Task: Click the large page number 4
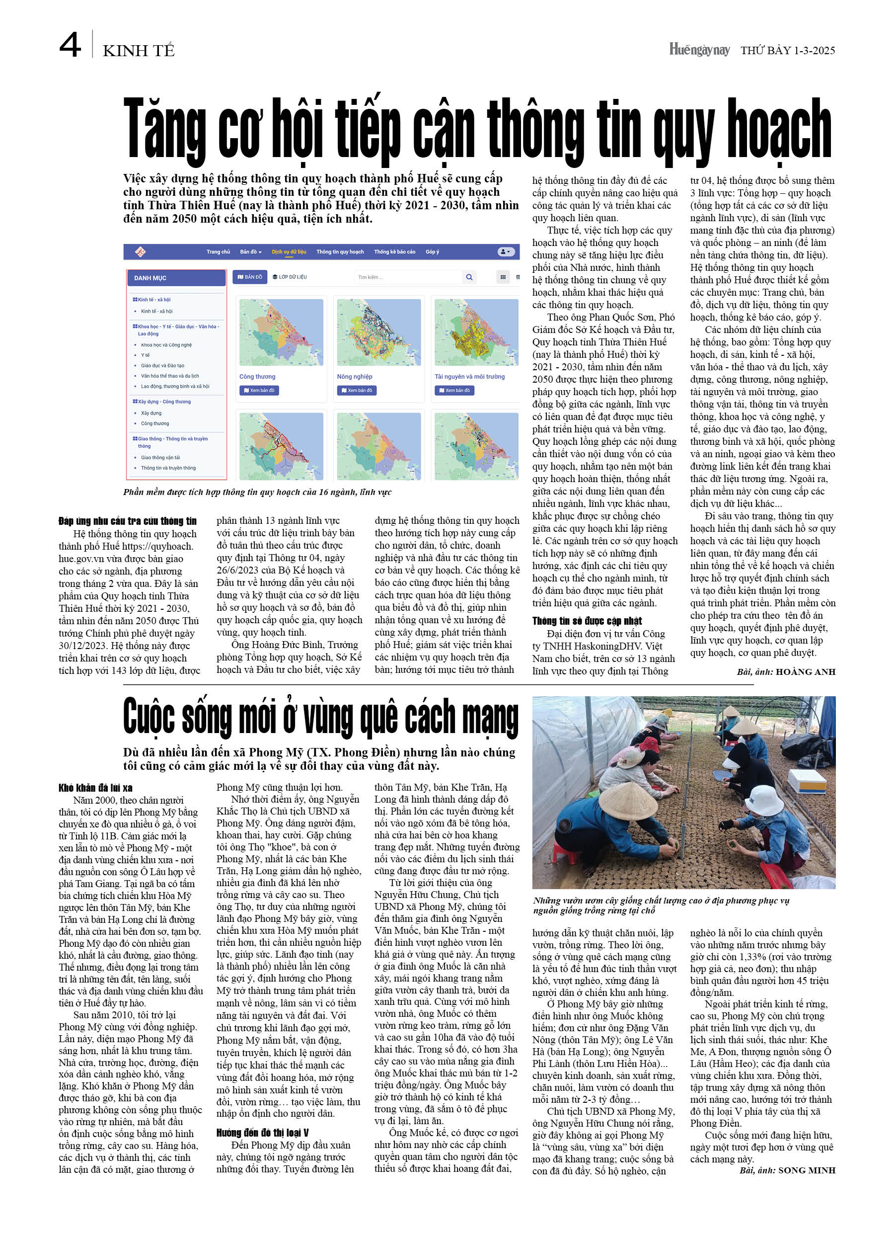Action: (x=70, y=45)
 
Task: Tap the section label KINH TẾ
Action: (x=139, y=51)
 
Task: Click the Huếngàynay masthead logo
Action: (x=699, y=50)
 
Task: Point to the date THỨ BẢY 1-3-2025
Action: (x=787, y=51)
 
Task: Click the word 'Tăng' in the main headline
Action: (x=164, y=129)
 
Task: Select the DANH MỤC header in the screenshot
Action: (x=150, y=278)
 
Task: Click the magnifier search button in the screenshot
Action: (x=469, y=277)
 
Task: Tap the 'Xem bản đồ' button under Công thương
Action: (x=259, y=390)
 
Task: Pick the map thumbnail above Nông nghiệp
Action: (x=378, y=332)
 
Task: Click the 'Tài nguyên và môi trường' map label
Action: (x=469, y=377)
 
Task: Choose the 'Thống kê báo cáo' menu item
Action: (x=394, y=251)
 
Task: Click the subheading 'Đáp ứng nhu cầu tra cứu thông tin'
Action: (x=127, y=521)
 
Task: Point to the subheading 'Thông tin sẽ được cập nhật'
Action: (x=587, y=621)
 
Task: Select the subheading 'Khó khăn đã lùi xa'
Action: (x=95, y=788)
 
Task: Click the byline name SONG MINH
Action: (x=807, y=1170)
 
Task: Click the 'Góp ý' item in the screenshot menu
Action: (x=432, y=251)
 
